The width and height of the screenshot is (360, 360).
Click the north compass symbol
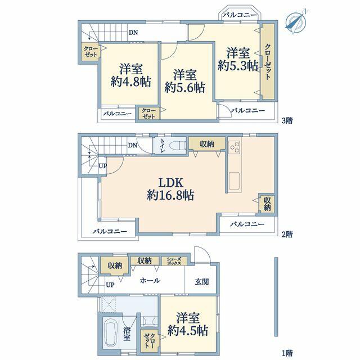point(296,21)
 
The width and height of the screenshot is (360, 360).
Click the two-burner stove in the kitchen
point(235,147)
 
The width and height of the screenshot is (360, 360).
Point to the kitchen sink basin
point(234,181)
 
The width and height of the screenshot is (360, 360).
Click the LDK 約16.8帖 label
point(170,189)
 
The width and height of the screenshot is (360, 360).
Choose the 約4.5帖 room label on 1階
point(188,324)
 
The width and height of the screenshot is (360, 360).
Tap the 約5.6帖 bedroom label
point(185,81)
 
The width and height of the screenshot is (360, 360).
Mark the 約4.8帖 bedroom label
point(131,75)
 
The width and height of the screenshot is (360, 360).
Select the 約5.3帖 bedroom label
point(238,59)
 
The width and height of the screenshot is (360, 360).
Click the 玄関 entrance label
point(202,282)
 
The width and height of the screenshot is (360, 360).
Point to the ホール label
point(150,280)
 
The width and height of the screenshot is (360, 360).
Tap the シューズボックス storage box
point(174,261)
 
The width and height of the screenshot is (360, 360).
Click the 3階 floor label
point(287,120)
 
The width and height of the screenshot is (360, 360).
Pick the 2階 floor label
point(287,234)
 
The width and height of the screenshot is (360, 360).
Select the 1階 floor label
point(287,353)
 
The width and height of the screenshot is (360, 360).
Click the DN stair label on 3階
point(133,33)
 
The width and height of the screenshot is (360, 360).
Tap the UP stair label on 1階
point(110,285)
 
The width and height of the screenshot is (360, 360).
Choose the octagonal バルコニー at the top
point(240,14)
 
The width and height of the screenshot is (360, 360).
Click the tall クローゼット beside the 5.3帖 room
point(268,61)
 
